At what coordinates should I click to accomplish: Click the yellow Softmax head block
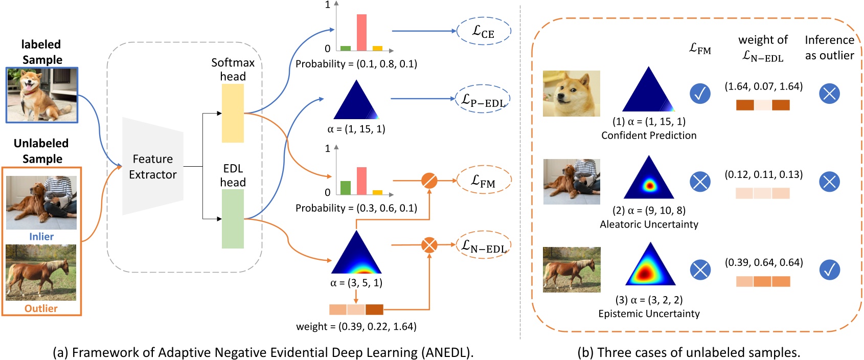click(x=233, y=113)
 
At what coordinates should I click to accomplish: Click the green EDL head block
click(x=233, y=219)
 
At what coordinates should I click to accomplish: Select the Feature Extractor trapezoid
click(x=152, y=167)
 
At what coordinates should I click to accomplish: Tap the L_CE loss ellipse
click(x=483, y=32)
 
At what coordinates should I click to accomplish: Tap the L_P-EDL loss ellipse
click(x=483, y=99)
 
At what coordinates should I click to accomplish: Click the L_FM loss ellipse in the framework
click(x=483, y=181)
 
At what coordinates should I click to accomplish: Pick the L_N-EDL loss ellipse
click(x=483, y=246)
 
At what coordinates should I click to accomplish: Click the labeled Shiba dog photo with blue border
click(x=42, y=95)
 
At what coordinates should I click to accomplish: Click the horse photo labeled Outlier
click(x=41, y=273)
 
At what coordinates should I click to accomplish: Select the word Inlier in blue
click(x=41, y=237)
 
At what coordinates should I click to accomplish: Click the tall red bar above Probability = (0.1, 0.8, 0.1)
click(x=361, y=33)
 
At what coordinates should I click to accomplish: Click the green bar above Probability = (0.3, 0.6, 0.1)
click(x=346, y=188)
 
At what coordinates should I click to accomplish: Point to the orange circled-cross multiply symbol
click(x=429, y=245)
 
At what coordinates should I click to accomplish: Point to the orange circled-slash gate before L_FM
click(x=429, y=181)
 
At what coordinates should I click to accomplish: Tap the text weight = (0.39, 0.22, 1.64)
click(x=356, y=326)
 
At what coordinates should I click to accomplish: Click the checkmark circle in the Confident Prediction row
click(x=700, y=94)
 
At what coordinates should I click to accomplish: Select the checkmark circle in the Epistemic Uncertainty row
click(x=829, y=269)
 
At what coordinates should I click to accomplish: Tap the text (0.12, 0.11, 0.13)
click(x=763, y=174)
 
